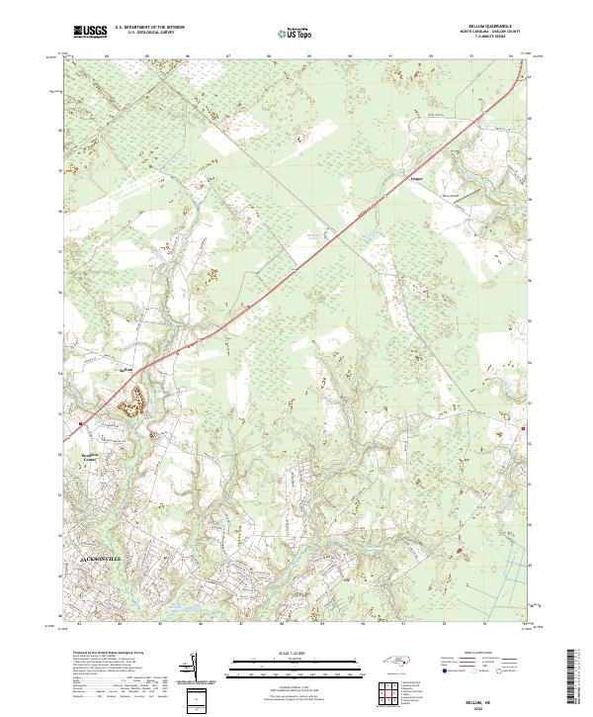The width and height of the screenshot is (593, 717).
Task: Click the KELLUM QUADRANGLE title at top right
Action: click(486, 24)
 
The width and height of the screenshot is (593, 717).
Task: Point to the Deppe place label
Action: click(416, 179)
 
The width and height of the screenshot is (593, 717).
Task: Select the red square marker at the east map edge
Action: click(523, 429)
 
